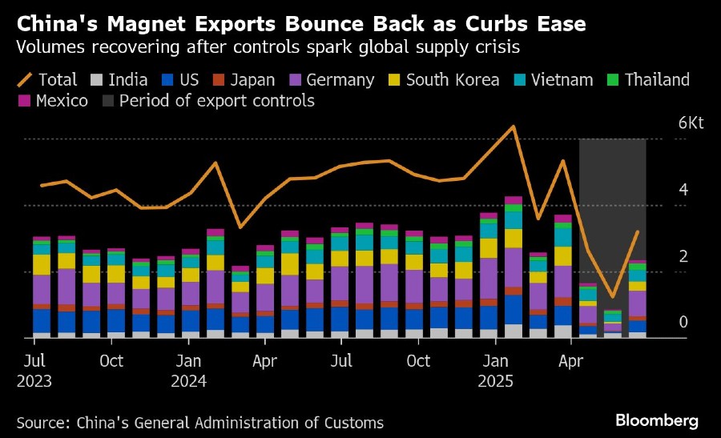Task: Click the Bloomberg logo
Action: point(656,420)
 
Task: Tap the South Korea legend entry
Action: point(444,79)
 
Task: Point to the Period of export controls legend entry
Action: point(208,101)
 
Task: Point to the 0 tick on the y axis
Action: point(683,322)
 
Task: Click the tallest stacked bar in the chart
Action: point(513,268)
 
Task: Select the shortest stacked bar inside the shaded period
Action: point(612,324)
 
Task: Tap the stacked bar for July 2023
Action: point(42,288)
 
